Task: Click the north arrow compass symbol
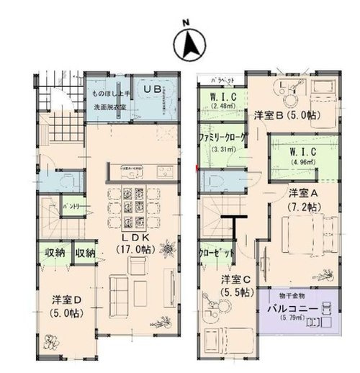[186, 45]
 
